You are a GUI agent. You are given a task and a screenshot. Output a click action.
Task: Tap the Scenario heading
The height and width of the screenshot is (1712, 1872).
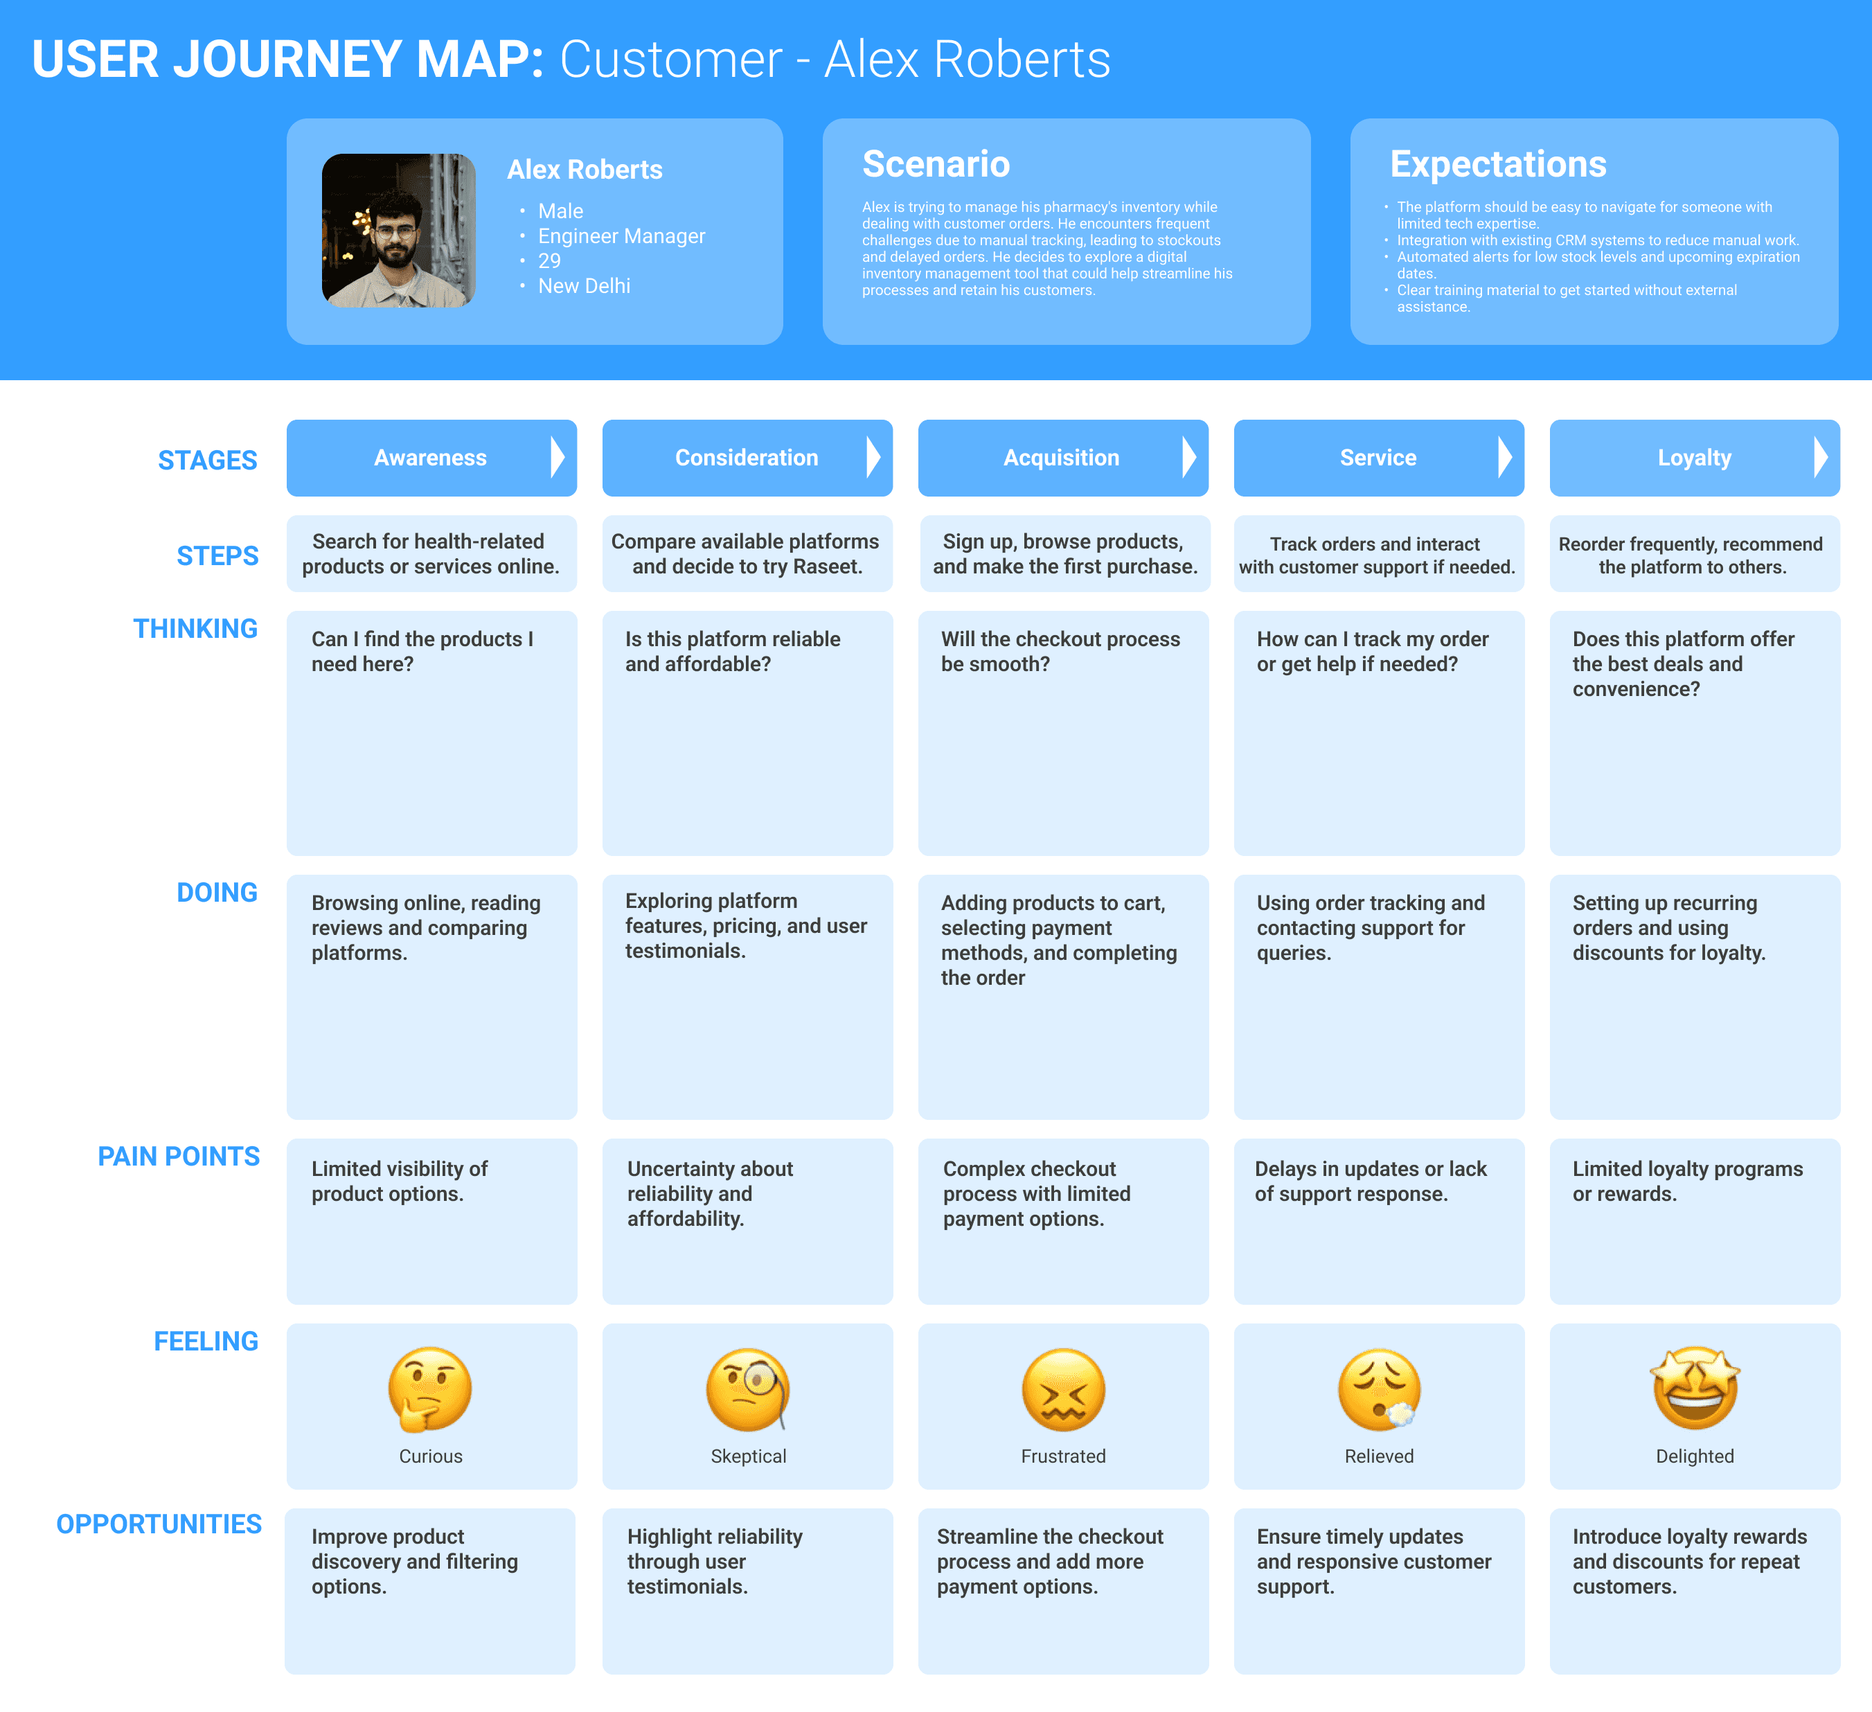coord(935,164)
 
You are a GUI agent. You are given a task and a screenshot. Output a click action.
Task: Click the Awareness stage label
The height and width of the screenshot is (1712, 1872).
coord(430,458)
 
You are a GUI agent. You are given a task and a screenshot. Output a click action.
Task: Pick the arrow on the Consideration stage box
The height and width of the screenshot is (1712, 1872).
coord(872,458)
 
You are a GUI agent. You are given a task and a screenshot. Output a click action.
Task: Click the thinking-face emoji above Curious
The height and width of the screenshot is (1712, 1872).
coord(430,1389)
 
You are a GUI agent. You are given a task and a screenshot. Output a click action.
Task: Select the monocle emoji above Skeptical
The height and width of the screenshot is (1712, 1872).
coord(747,1389)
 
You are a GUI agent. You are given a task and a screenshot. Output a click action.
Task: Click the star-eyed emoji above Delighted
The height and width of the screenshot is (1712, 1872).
coord(1695,1388)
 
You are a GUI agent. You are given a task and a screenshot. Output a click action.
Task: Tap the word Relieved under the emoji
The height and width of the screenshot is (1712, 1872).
coord(1379,1456)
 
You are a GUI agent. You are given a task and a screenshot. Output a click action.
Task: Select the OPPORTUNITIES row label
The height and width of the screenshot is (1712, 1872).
coord(159,1524)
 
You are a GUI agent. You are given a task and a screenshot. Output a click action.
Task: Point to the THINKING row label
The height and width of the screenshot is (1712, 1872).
coord(195,629)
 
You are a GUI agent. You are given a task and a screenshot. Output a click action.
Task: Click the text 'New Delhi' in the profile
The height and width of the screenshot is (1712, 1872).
coord(583,286)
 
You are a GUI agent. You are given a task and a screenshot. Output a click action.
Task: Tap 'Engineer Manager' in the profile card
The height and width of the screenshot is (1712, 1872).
coord(621,236)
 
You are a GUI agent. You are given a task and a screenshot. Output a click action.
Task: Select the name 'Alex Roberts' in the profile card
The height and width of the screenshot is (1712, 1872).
coord(584,170)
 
